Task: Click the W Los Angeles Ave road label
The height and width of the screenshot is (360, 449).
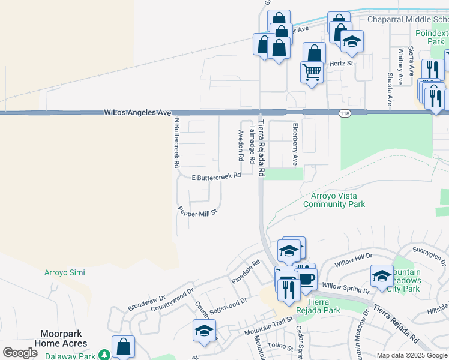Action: point(138,112)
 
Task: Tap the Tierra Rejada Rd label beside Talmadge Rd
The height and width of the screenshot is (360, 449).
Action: point(261,147)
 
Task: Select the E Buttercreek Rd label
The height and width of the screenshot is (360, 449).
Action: point(216,177)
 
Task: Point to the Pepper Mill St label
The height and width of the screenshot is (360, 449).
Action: point(197,211)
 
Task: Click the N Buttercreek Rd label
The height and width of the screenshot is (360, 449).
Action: point(176,142)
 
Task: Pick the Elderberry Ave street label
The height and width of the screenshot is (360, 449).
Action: point(295,145)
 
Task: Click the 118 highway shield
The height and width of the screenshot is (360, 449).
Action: point(344,113)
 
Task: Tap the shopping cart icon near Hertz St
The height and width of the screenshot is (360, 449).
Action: point(312,73)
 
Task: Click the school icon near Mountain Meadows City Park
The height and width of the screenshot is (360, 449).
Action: point(382,276)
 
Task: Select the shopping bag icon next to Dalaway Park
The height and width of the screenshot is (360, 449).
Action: point(123,347)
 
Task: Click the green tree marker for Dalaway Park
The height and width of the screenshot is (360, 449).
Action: point(104,355)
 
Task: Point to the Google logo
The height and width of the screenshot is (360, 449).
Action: point(20,353)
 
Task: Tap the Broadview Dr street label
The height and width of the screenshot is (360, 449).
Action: point(146,303)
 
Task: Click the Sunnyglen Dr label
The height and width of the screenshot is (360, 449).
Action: point(430,256)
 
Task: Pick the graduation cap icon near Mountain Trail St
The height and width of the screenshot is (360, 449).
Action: point(204,331)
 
